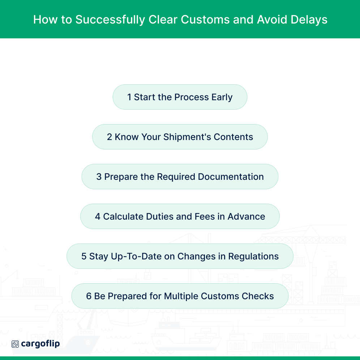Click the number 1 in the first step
point(129,97)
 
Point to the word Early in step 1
point(222,97)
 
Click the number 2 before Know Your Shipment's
point(110,137)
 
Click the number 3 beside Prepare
point(99,177)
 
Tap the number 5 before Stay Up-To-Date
point(84,257)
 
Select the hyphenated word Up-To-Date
point(122,257)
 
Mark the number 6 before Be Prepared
point(89,296)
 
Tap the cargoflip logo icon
point(15,344)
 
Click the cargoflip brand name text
point(40,344)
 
